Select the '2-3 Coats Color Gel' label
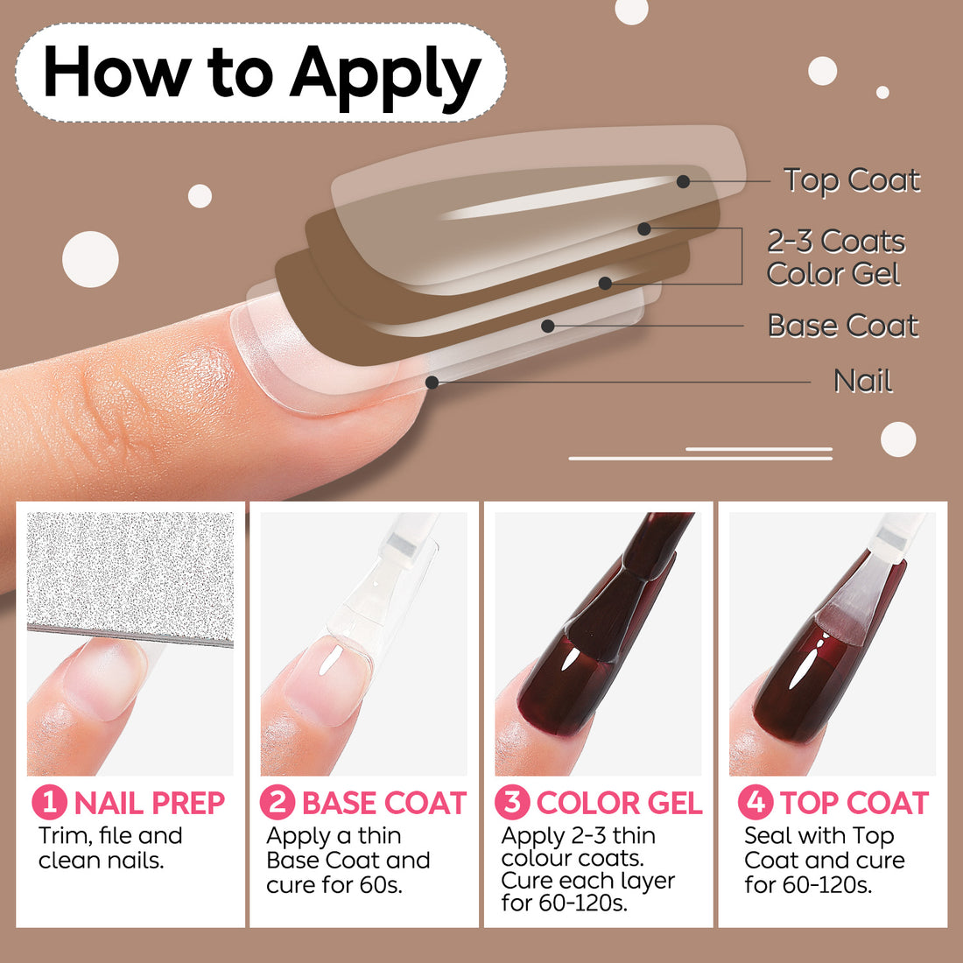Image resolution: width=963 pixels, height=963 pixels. point(836,257)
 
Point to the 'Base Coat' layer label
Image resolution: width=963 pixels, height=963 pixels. point(843,326)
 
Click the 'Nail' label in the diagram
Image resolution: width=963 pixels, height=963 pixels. point(863,382)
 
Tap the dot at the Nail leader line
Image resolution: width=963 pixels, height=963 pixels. point(432,383)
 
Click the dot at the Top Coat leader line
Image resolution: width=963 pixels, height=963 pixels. point(683,181)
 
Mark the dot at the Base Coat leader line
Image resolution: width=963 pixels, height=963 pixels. point(548,327)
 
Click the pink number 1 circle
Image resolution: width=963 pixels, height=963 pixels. point(50,802)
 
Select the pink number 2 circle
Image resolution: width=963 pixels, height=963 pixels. point(278,802)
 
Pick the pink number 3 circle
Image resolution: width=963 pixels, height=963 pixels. point(512,802)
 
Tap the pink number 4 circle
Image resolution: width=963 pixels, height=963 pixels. point(756,802)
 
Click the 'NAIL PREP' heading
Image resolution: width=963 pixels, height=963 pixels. point(150,803)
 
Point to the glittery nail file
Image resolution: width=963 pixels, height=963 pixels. point(130,579)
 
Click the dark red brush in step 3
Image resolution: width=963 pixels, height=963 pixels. point(627,589)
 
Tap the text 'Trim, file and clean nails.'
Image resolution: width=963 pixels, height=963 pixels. point(110,847)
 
